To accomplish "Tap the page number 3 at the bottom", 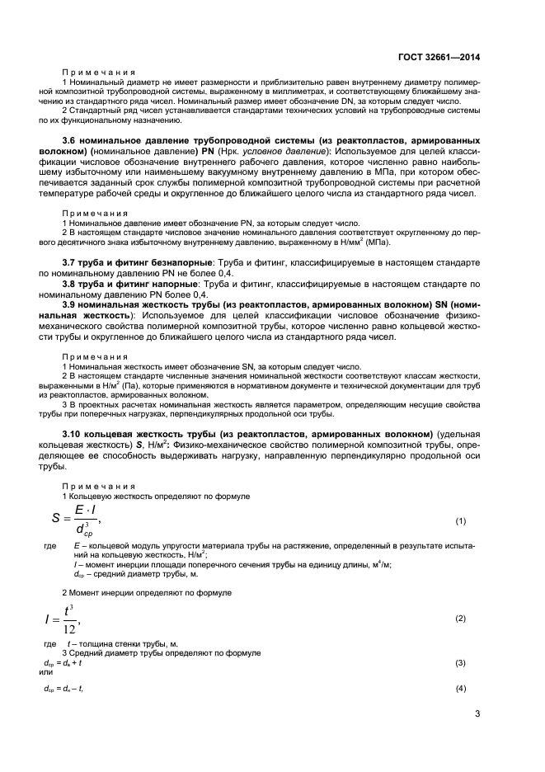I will (477, 714).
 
